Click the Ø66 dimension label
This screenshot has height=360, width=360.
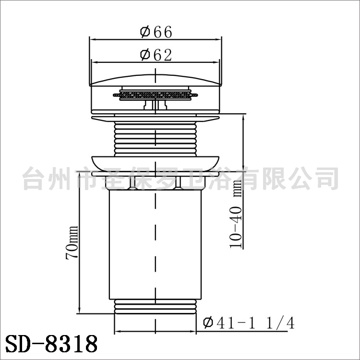(x=156, y=32)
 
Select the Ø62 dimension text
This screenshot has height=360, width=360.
(x=156, y=55)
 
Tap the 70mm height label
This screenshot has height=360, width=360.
(x=72, y=243)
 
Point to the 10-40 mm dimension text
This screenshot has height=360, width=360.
(x=236, y=214)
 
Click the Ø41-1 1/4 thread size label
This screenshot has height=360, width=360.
(x=249, y=323)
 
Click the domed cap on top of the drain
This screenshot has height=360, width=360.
(x=156, y=80)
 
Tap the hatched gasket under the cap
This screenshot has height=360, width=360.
(x=156, y=95)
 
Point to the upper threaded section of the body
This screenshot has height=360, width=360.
(x=156, y=139)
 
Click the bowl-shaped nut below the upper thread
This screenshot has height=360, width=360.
(x=156, y=163)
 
